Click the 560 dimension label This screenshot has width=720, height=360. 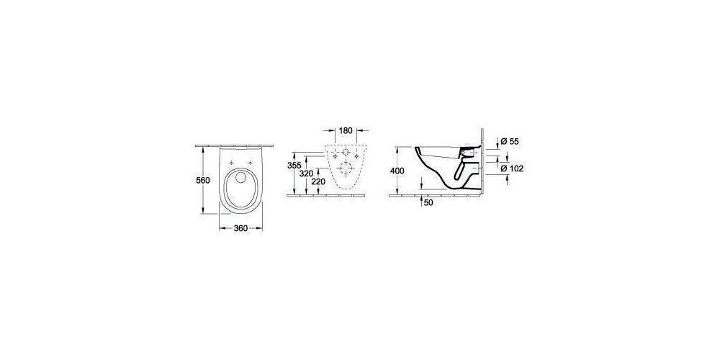[203, 180]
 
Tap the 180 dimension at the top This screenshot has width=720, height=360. [346, 131]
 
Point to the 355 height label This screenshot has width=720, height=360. [294, 166]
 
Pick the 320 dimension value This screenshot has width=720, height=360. [307, 174]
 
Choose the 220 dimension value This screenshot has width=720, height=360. [320, 183]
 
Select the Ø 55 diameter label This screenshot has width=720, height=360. [509, 142]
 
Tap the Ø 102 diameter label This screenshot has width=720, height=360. [511, 168]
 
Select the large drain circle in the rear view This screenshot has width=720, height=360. [346, 171]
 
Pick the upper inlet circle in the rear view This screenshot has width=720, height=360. [346, 155]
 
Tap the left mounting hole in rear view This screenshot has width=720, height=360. [336, 155]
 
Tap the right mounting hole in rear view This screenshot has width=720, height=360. [358, 155]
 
